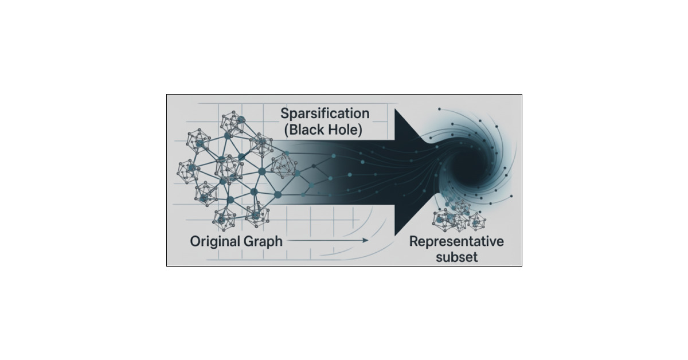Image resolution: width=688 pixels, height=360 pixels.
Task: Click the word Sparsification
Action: [x=325, y=113]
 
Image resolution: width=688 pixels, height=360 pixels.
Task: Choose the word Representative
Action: [x=456, y=241]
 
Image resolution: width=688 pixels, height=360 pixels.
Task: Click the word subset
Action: [x=456, y=257]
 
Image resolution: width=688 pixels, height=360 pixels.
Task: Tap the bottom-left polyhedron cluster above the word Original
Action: [x=224, y=217]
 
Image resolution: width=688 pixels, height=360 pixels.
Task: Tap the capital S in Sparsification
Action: [x=285, y=113]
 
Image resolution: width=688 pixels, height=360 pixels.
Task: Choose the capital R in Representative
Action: [x=413, y=241]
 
